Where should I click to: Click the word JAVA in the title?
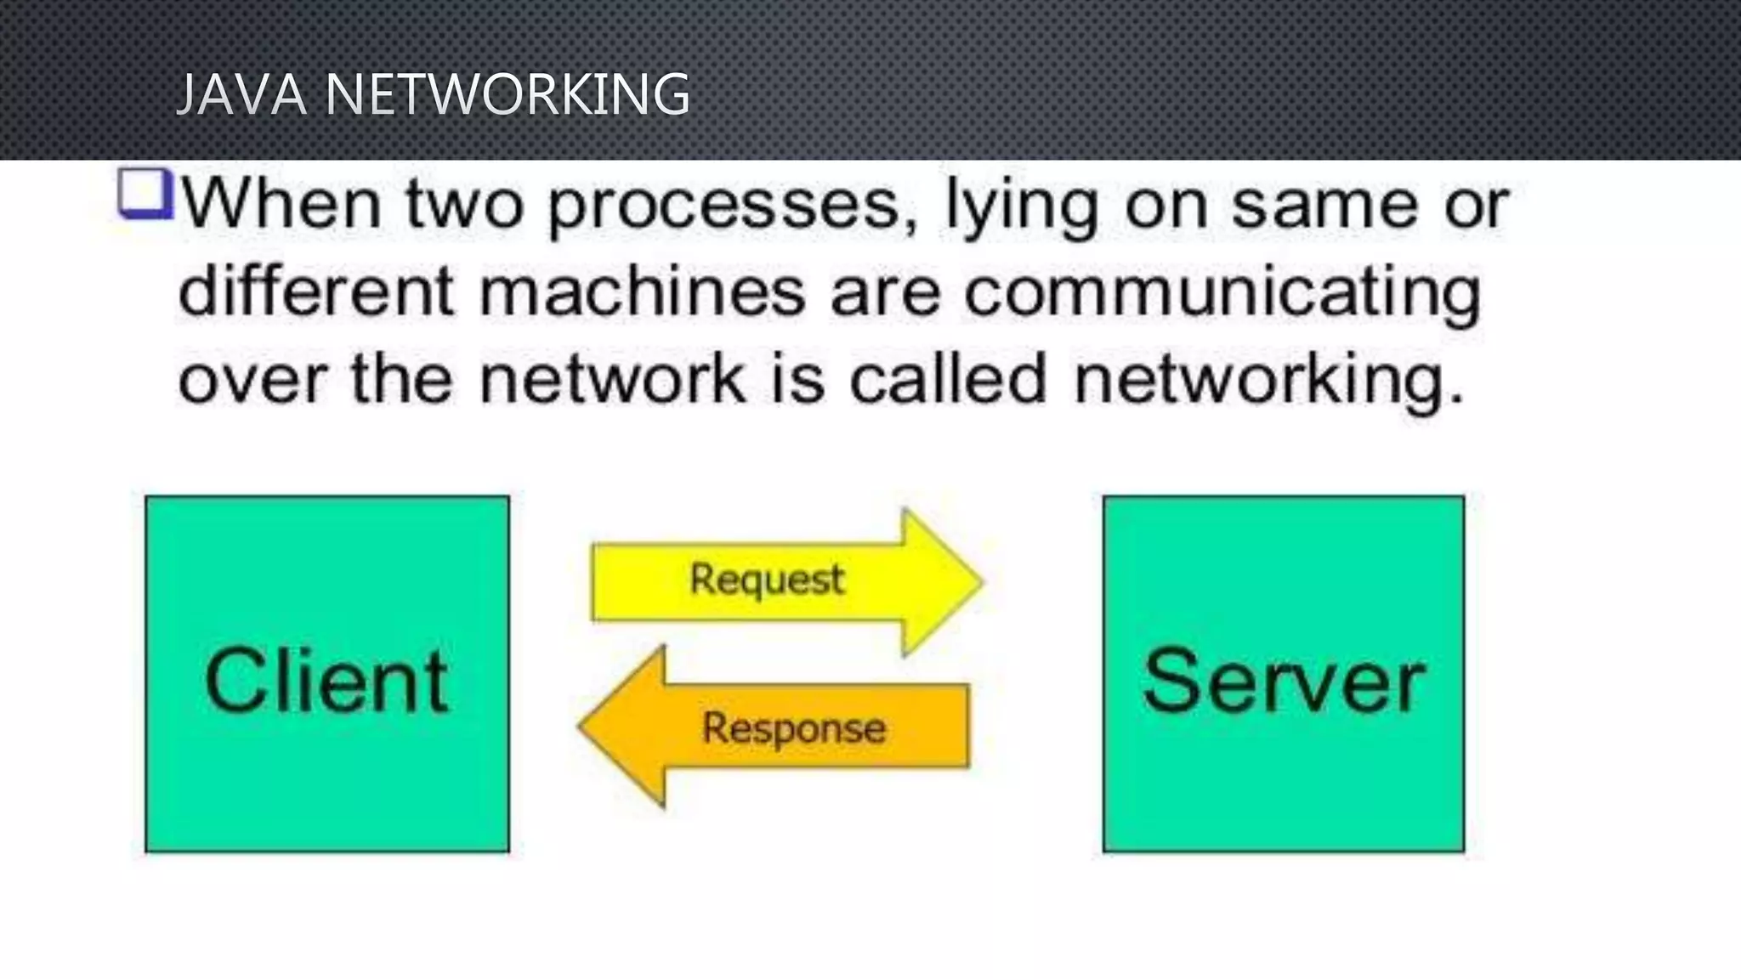240,93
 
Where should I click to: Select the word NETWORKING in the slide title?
508,93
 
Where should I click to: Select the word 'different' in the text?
316,291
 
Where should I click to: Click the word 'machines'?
642,291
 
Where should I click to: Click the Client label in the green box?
326,681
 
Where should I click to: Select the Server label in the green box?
1284,681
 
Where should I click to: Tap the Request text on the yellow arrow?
767,580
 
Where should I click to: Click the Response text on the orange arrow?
794,728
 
